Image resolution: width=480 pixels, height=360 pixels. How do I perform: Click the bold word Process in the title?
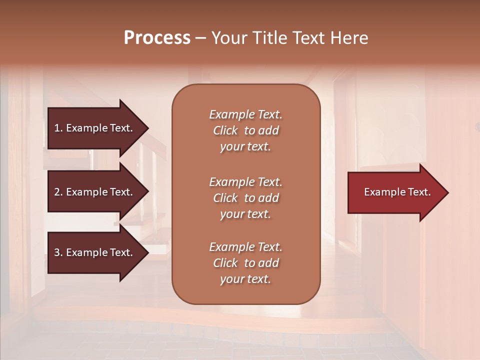[x=157, y=38]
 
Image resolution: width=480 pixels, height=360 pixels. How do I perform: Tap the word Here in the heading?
[x=349, y=38]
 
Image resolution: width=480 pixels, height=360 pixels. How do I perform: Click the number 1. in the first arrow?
[x=58, y=128]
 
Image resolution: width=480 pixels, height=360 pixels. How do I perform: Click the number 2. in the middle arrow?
[x=58, y=192]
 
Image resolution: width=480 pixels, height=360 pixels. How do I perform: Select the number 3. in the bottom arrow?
[x=58, y=252]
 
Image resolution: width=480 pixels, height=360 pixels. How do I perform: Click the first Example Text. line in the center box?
[x=245, y=114]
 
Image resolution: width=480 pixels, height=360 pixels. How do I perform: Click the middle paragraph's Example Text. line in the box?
[x=245, y=182]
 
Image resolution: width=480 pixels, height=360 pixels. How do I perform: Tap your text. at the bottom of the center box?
[x=245, y=279]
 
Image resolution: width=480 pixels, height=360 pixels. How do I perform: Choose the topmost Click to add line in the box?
[x=245, y=130]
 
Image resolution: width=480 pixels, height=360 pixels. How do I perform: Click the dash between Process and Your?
[x=200, y=38]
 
